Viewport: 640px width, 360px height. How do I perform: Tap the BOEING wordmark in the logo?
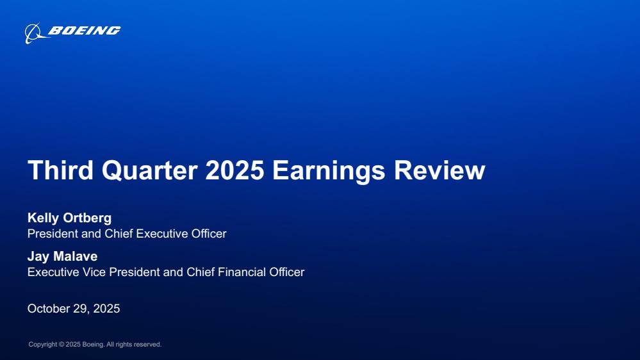click(x=85, y=31)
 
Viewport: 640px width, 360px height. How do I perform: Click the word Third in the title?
click(x=60, y=170)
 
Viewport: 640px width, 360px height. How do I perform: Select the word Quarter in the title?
click(x=150, y=170)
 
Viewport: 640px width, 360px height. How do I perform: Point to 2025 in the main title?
click(x=234, y=170)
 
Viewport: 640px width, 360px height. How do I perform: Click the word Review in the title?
click(x=439, y=170)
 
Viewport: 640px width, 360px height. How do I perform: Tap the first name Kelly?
click(x=43, y=218)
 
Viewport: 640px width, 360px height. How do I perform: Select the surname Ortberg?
click(x=87, y=218)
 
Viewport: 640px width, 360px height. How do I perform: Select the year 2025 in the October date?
click(x=106, y=309)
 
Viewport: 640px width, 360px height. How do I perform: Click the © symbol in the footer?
click(x=62, y=345)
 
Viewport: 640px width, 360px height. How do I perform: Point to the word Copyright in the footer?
click(x=43, y=345)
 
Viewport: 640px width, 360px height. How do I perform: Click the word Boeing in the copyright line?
click(x=93, y=345)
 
